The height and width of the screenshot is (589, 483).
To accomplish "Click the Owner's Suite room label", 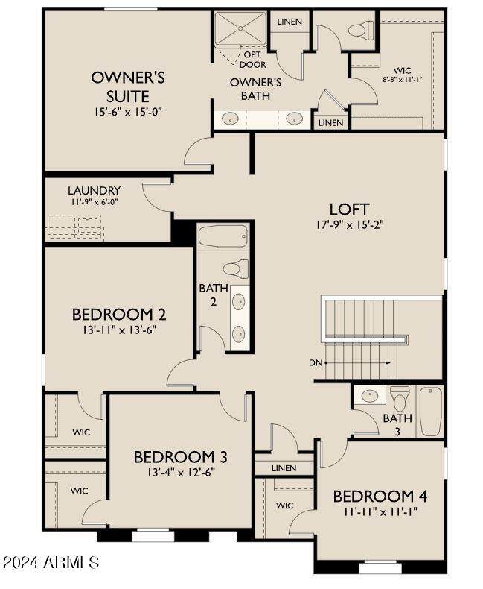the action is [128, 86].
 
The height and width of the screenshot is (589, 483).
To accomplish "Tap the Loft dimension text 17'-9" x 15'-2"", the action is [350, 224].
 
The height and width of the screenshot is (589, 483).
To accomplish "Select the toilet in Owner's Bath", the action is [361, 29].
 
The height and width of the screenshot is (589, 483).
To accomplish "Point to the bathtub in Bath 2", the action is [223, 236].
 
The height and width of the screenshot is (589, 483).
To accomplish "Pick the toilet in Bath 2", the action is [236, 268].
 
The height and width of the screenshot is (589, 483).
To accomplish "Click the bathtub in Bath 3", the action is [430, 411].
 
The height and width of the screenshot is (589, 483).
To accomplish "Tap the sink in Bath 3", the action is [370, 395].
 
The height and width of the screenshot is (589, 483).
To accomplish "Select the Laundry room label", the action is [94, 190].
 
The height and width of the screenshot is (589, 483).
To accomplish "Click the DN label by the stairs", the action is [316, 363].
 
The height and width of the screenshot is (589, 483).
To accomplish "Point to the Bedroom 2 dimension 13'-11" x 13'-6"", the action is [119, 330].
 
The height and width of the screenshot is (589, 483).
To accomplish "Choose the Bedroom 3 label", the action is [180, 457].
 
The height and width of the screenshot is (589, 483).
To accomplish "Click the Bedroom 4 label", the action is [380, 497].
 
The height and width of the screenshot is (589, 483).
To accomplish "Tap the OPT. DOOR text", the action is [253, 60].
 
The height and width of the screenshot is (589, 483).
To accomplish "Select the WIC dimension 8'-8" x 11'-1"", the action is [403, 80].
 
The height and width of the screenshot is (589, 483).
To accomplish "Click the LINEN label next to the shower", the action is [290, 22].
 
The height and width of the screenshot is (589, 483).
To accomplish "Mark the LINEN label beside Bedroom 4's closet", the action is [284, 468].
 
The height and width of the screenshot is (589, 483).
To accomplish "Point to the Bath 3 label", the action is [397, 424].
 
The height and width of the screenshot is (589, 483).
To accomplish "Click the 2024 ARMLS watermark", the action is [50, 562].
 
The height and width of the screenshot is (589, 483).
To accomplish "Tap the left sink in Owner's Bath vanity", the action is [230, 119].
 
